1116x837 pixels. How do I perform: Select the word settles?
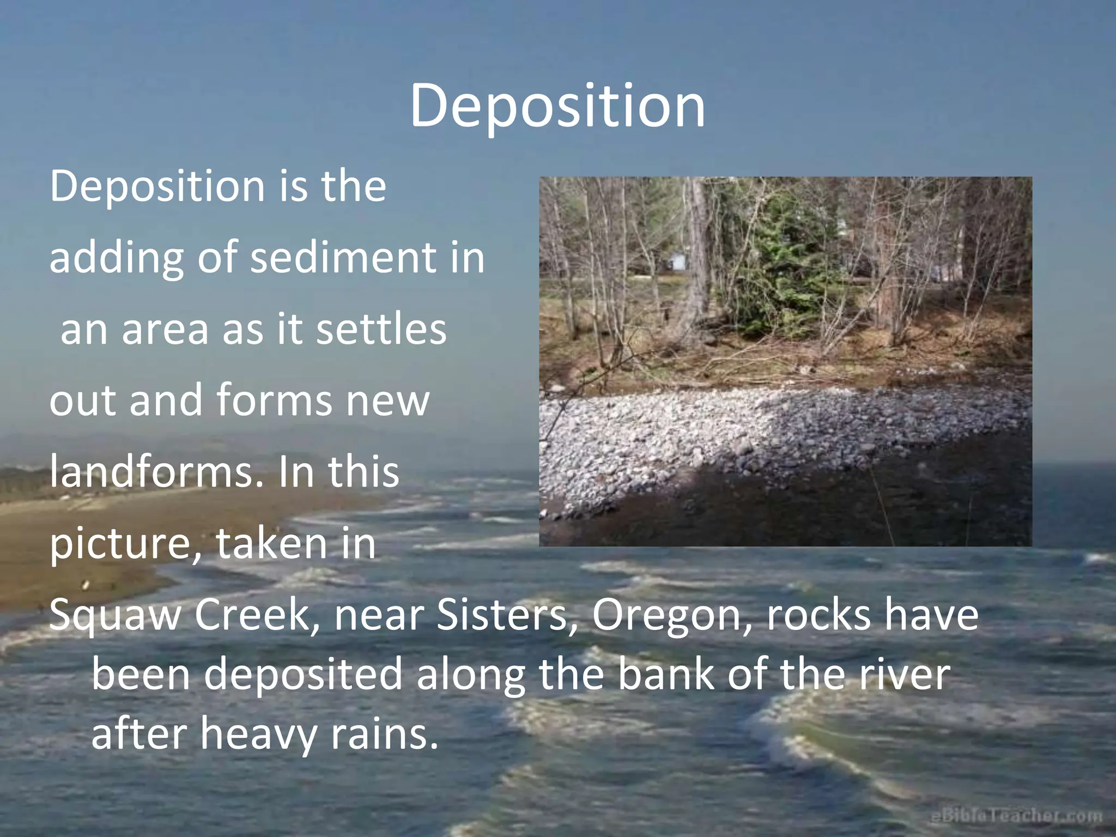[381, 330]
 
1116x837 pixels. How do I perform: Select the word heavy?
[258, 734]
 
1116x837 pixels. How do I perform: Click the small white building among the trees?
[677, 261]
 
